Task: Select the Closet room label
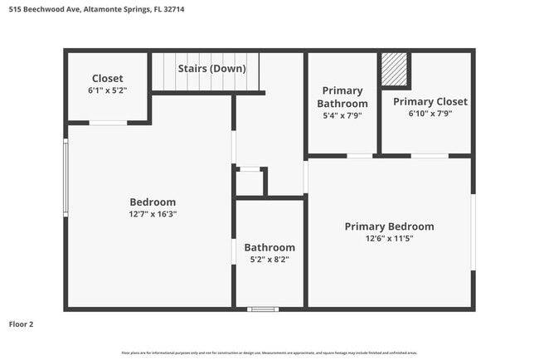[107, 78]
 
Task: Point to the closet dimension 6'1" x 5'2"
[107, 90]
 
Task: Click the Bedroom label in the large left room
[153, 202]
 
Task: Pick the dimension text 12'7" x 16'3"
[153, 214]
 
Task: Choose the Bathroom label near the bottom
[269, 247]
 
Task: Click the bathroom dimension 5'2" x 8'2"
[269, 259]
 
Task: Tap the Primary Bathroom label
[342, 97]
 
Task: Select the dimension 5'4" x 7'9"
[342, 115]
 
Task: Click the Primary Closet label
[430, 101]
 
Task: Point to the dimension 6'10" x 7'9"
[430, 114]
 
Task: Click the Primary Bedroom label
[389, 226]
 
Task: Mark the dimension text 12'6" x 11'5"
[389, 238]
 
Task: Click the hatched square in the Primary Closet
[395, 69]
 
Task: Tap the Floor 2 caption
[22, 324]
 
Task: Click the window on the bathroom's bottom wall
[263, 309]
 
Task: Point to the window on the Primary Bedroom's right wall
[473, 232]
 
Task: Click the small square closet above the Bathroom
[250, 182]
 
